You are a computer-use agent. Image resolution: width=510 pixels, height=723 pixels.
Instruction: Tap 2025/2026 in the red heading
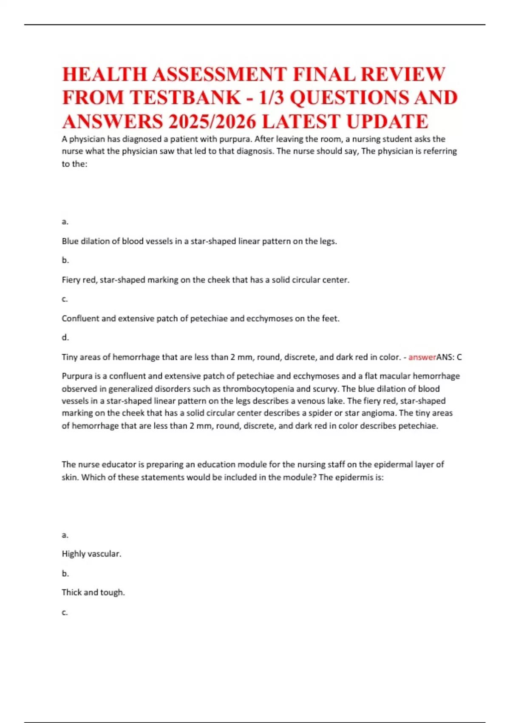coord(212,122)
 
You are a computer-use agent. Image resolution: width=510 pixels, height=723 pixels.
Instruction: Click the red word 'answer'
coord(422,357)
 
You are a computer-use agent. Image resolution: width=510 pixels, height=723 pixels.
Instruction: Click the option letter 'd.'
coord(65,338)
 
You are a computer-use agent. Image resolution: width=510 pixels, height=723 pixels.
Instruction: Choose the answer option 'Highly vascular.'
coord(91,554)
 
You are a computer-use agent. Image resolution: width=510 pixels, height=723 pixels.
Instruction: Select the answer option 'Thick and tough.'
coord(93,592)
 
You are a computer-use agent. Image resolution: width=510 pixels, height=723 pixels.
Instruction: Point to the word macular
coord(397,376)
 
